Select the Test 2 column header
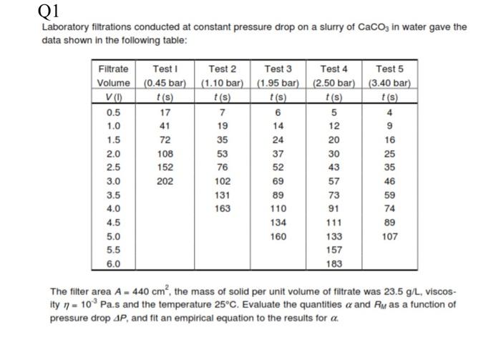pyautogui.click(x=223, y=69)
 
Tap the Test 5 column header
pyautogui.click(x=390, y=69)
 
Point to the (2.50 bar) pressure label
pyautogui.click(x=334, y=82)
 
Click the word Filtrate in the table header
pyautogui.click(x=113, y=69)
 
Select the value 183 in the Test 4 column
pyautogui.click(x=334, y=263)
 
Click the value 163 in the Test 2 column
pyautogui.click(x=223, y=208)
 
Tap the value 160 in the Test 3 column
pyautogui.click(x=278, y=236)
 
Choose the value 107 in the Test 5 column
pyautogui.click(x=390, y=236)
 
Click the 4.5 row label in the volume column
pyautogui.click(x=113, y=223)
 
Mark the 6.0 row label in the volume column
pyautogui.click(x=113, y=263)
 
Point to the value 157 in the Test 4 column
pyautogui.click(x=334, y=250)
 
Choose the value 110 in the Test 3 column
pyautogui.click(x=278, y=208)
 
